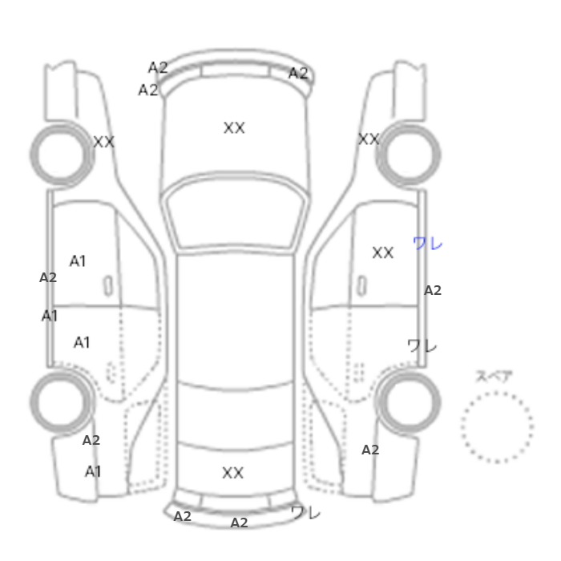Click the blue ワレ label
tap(427, 244)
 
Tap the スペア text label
tap(494, 377)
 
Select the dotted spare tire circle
tap(497, 392)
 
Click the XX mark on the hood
tap(234, 127)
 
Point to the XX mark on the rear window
tap(233, 473)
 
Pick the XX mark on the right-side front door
tap(383, 252)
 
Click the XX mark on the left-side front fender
tap(103, 142)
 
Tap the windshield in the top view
tap(235, 213)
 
